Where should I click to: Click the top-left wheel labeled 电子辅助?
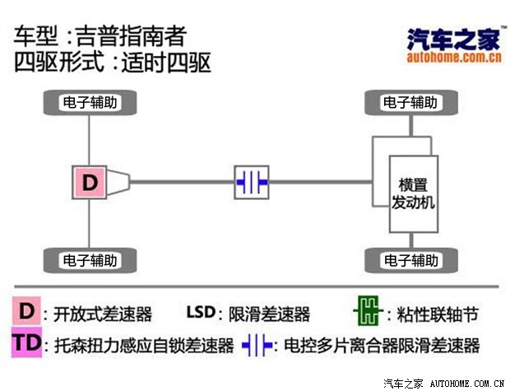click(89, 103)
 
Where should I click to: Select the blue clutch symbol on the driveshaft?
click(252, 181)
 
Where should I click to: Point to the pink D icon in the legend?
click(27, 312)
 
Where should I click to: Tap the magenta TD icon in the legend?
click(27, 343)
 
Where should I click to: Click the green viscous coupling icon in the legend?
click(366, 313)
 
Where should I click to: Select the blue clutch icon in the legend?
click(257, 344)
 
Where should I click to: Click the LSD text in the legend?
click(200, 313)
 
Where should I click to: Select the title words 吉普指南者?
click(131, 37)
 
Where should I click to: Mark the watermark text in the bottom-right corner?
click(443, 383)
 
